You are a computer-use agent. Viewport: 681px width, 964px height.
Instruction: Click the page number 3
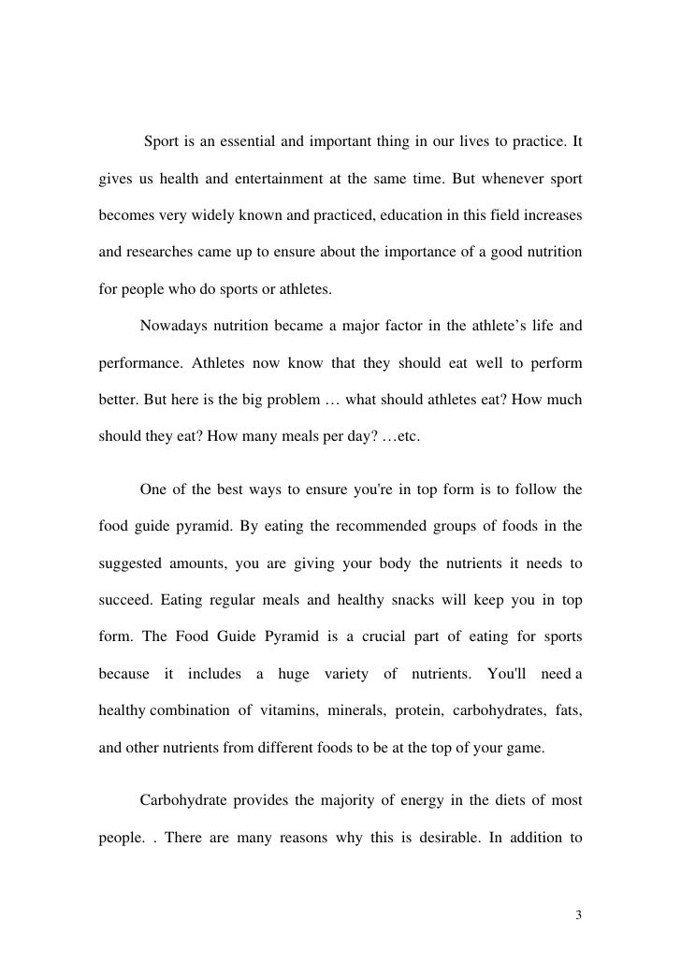[x=578, y=914]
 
